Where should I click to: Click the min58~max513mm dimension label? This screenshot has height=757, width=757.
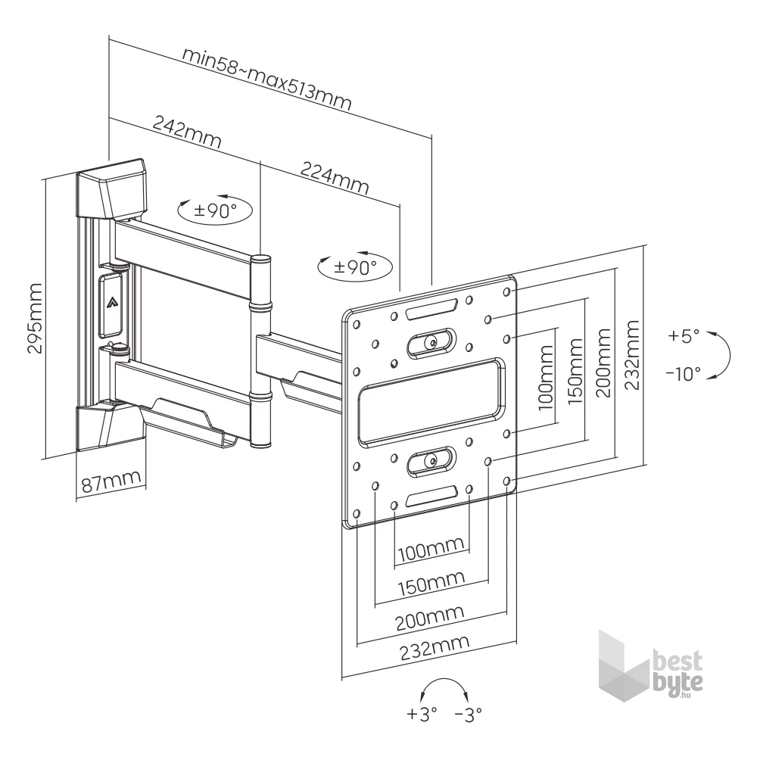[266, 79]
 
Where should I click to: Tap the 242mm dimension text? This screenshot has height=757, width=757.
[187, 131]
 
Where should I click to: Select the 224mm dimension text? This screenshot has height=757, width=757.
[335, 178]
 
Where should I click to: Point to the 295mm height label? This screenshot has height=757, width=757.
[36, 319]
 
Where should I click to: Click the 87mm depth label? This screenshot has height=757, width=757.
[111, 481]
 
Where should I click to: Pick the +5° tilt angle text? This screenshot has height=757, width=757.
[684, 335]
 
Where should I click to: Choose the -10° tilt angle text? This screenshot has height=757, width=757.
[683, 373]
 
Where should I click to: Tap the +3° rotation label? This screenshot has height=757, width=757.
[422, 714]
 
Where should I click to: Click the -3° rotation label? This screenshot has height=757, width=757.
[469, 714]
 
